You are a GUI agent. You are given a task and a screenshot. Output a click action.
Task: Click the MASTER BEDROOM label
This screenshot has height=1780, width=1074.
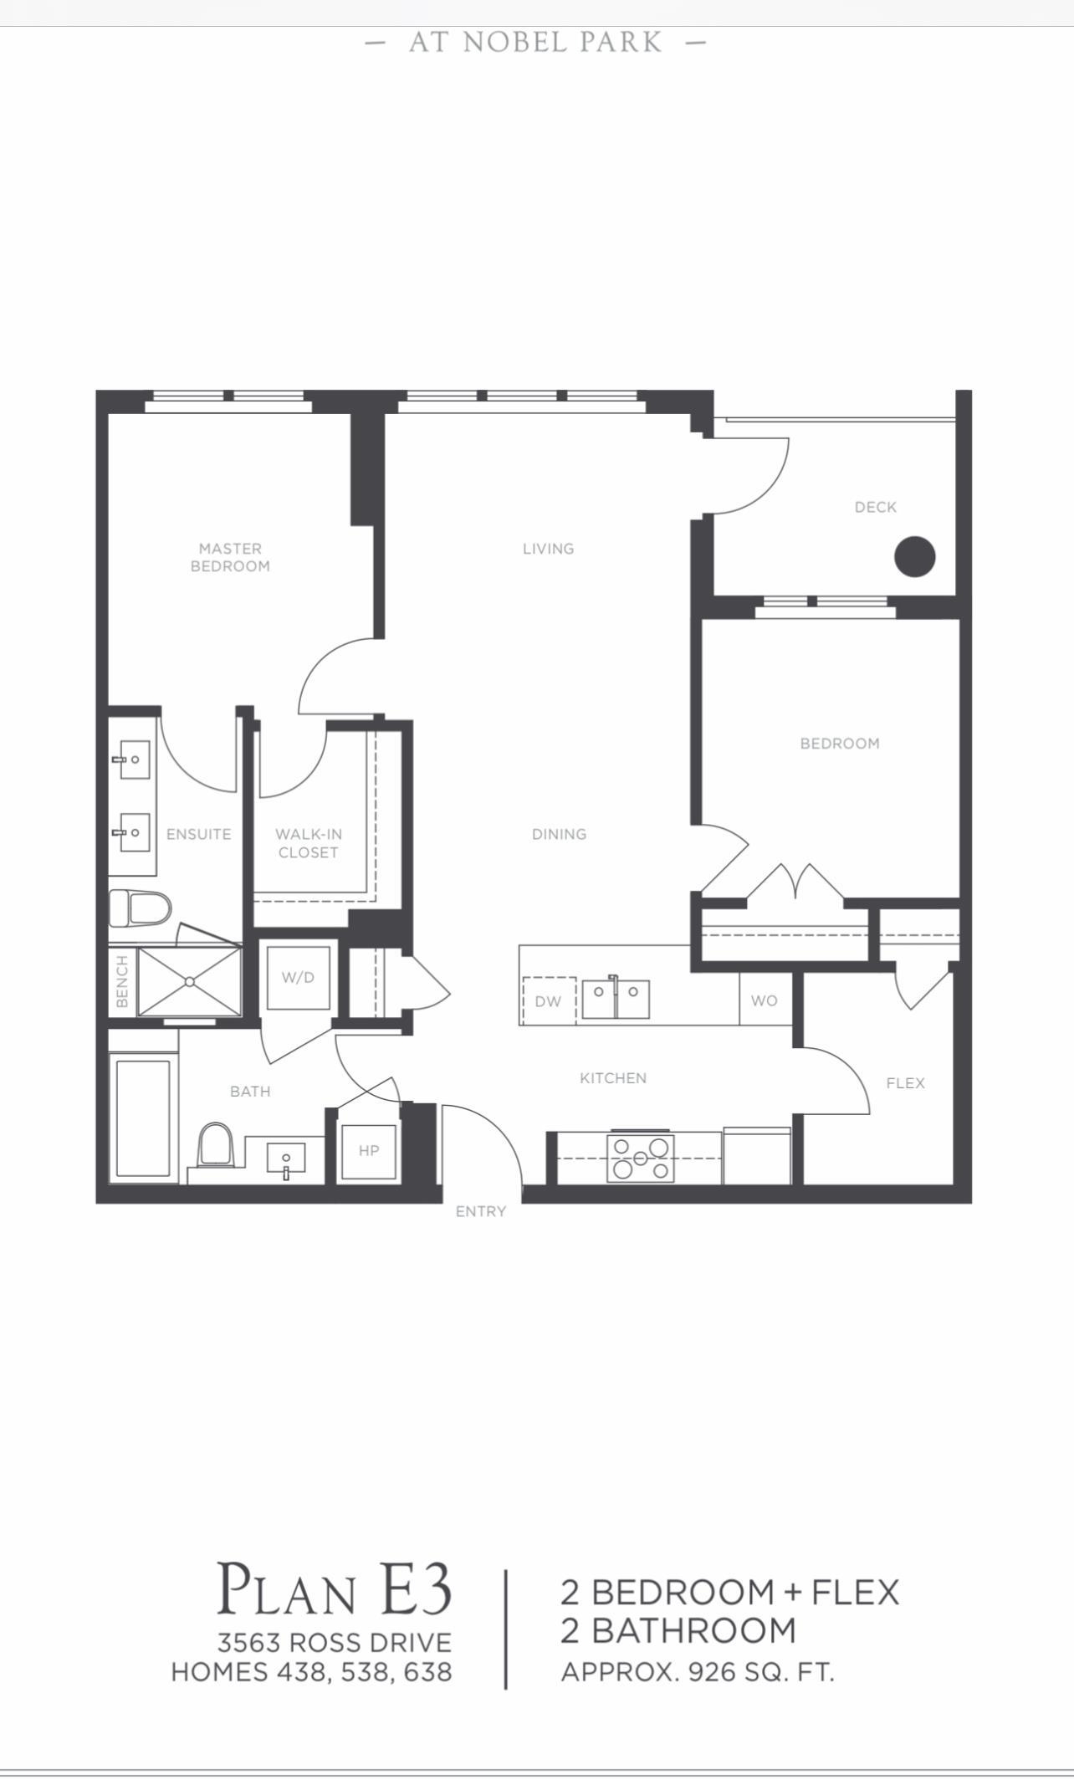[230, 557]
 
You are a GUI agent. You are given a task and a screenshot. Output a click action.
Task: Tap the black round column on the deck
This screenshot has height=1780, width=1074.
[914, 556]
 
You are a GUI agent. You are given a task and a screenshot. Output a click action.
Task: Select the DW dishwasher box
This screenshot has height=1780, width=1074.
[549, 1000]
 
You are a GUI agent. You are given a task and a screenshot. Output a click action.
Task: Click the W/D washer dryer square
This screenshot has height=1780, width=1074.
[298, 977]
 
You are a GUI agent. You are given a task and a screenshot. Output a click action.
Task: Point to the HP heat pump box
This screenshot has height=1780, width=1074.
[369, 1152]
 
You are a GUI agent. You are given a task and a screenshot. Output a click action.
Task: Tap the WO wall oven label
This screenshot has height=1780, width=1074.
[765, 1000]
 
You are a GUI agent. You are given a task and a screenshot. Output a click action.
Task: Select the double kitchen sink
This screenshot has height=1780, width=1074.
[616, 998]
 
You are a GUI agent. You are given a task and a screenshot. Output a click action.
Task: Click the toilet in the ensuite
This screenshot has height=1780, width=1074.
[140, 908]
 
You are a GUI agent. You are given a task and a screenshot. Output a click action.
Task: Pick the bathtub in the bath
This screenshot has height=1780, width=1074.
[144, 1119]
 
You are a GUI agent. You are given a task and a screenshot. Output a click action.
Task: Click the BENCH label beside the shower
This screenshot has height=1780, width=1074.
[122, 981]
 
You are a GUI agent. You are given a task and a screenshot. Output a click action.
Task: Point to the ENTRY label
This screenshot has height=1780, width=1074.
[481, 1211]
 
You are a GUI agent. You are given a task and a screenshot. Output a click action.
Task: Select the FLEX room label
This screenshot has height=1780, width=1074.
[906, 1083]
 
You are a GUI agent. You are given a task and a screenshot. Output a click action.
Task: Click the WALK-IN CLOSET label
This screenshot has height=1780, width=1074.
[309, 843]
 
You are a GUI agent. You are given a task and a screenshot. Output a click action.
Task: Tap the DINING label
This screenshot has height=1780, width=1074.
[560, 834]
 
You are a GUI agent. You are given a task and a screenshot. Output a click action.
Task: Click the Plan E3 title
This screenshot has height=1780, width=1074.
[335, 1588]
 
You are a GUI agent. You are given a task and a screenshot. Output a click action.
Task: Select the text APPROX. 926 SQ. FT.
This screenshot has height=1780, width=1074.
[698, 1672]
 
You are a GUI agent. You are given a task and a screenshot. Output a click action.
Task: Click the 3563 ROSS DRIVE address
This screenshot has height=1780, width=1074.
[335, 1642]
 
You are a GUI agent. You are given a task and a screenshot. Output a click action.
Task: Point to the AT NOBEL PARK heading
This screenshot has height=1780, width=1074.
[536, 42]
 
